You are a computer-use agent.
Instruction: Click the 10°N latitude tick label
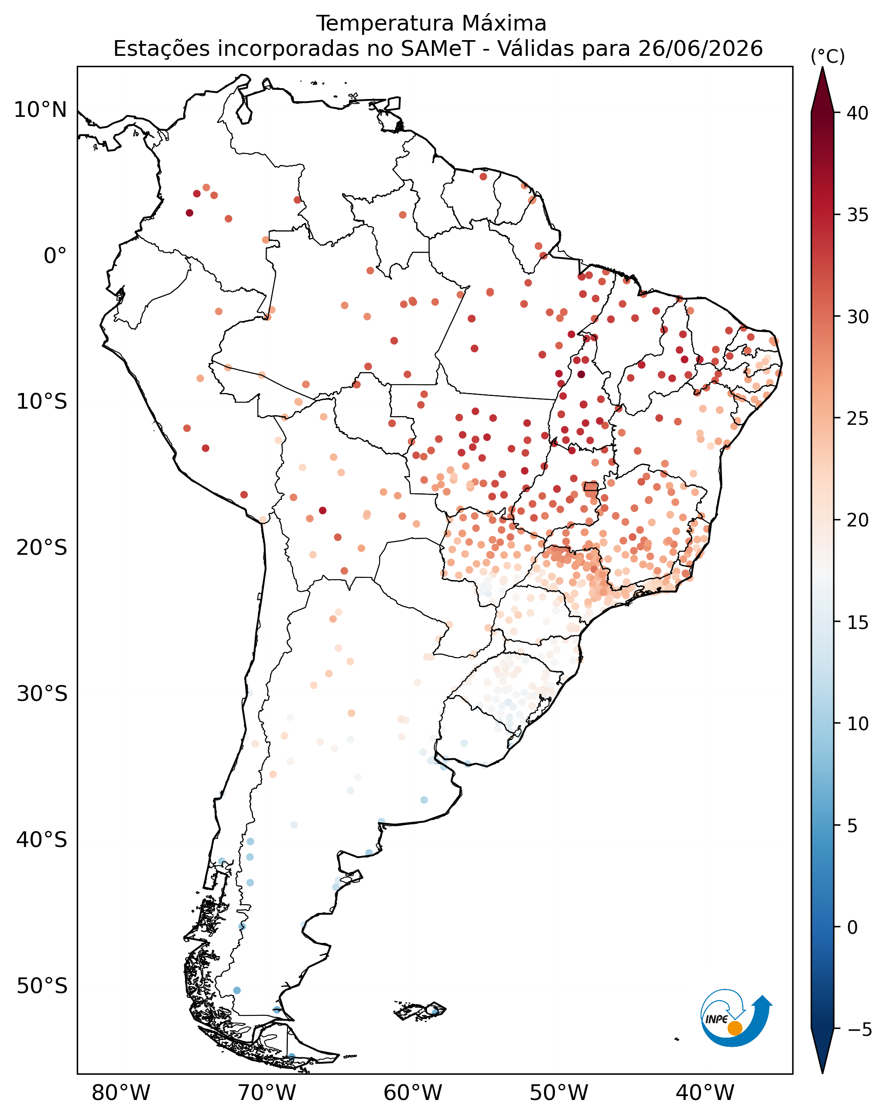(41, 110)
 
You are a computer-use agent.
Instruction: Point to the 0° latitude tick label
(55, 256)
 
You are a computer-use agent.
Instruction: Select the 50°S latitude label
(42, 986)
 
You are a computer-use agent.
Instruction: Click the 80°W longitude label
(121, 1093)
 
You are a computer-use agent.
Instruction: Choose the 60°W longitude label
(413, 1093)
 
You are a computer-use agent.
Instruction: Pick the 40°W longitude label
(705, 1093)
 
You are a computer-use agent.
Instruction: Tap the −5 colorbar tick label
(859, 1029)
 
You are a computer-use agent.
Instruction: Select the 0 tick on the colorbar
(852, 927)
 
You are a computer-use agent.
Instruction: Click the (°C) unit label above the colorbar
(828, 56)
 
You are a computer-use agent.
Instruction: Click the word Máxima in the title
(503, 23)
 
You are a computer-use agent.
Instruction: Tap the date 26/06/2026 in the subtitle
(701, 49)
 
